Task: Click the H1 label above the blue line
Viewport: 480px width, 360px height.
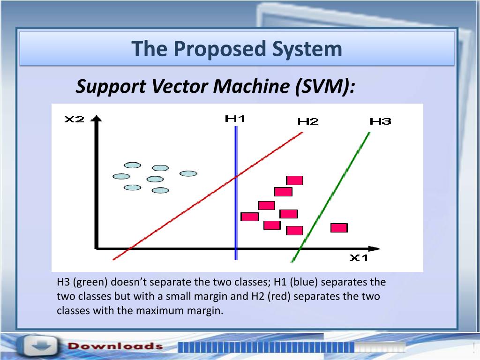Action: (x=235, y=119)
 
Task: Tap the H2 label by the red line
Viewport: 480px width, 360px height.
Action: (x=308, y=121)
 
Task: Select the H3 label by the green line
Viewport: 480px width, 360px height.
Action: (x=381, y=121)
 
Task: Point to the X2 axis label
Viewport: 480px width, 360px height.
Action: (x=74, y=119)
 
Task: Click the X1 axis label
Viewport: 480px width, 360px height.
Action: (x=359, y=258)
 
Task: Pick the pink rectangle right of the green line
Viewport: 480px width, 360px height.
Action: (x=339, y=228)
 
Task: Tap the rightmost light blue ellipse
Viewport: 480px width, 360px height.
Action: (x=188, y=173)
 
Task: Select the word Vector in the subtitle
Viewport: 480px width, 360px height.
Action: (x=179, y=86)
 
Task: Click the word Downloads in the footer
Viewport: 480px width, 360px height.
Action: (x=115, y=346)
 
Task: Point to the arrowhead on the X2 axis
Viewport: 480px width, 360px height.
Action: (x=97, y=119)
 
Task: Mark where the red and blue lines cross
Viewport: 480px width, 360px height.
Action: (x=236, y=177)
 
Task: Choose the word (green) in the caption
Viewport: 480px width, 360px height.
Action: (x=90, y=282)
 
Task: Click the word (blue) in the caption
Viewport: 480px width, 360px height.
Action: (x=304, y=282)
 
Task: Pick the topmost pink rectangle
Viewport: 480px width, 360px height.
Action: (x=294, y=180)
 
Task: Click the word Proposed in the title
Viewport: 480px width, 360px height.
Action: (x=220, y=49)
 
